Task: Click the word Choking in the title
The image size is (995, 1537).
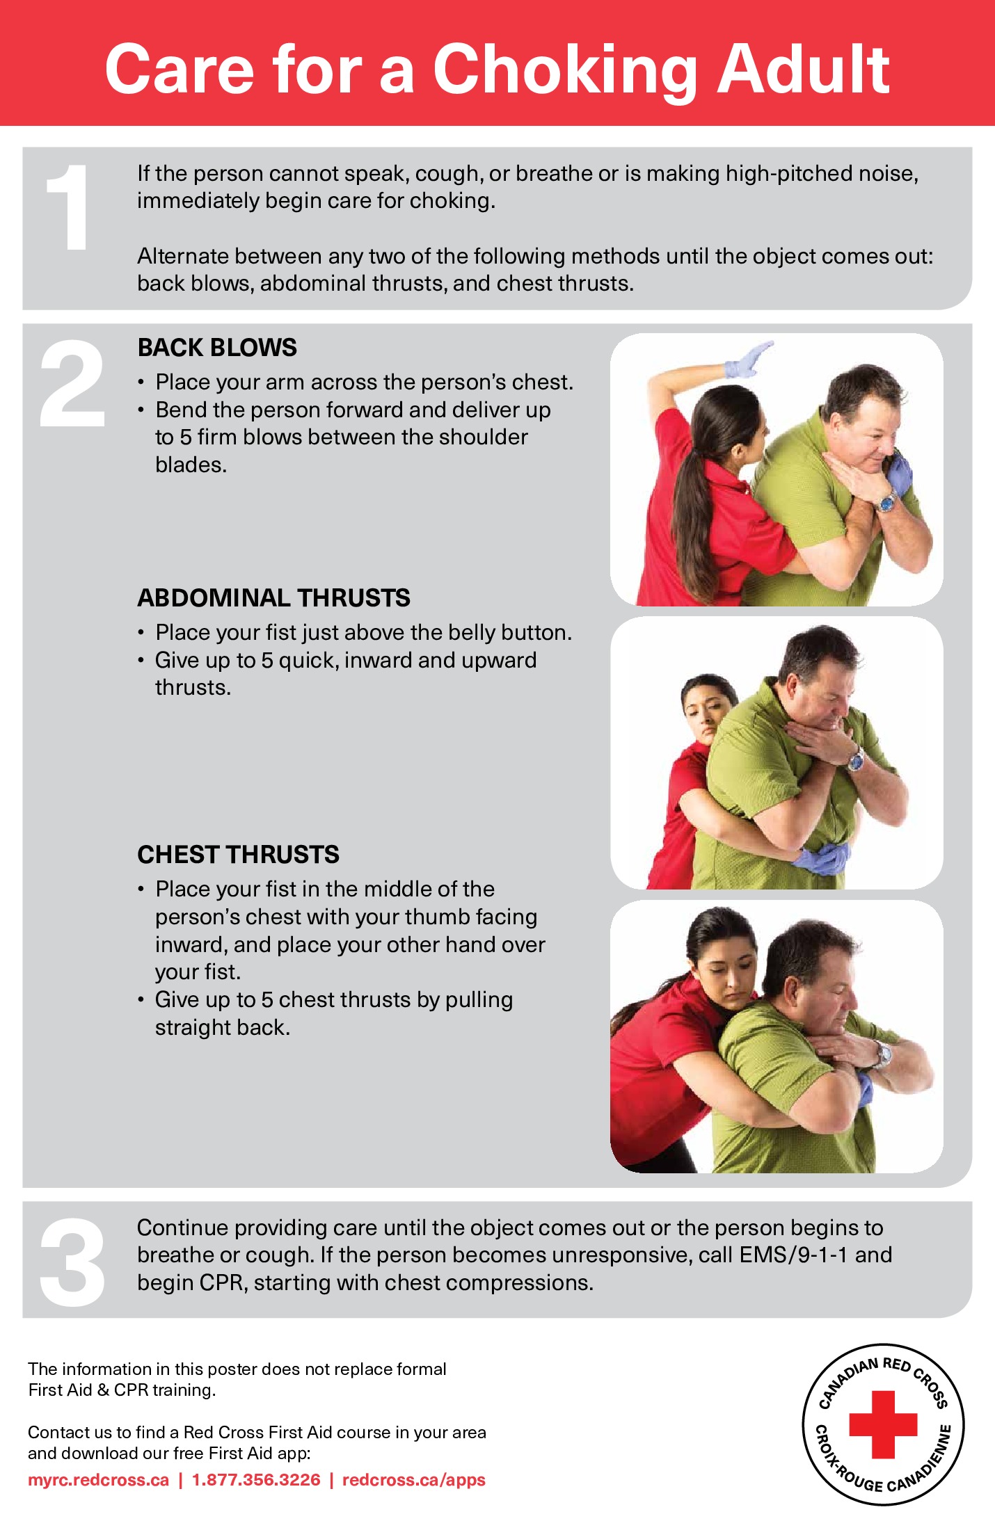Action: [x=564, y=70]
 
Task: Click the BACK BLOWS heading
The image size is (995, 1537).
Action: [x=217, y=348]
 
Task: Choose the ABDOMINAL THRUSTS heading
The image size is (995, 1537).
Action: [x=273, y=598]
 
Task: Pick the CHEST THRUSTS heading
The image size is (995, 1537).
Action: [x=238, y=855]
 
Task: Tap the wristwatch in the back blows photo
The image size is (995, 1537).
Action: [x=886, y=502]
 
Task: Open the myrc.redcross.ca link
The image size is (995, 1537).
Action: [x=98, y=1480]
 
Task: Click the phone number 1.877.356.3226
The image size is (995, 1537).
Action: [x=256, y=1480]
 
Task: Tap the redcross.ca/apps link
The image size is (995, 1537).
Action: [x=413, y=1480]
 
